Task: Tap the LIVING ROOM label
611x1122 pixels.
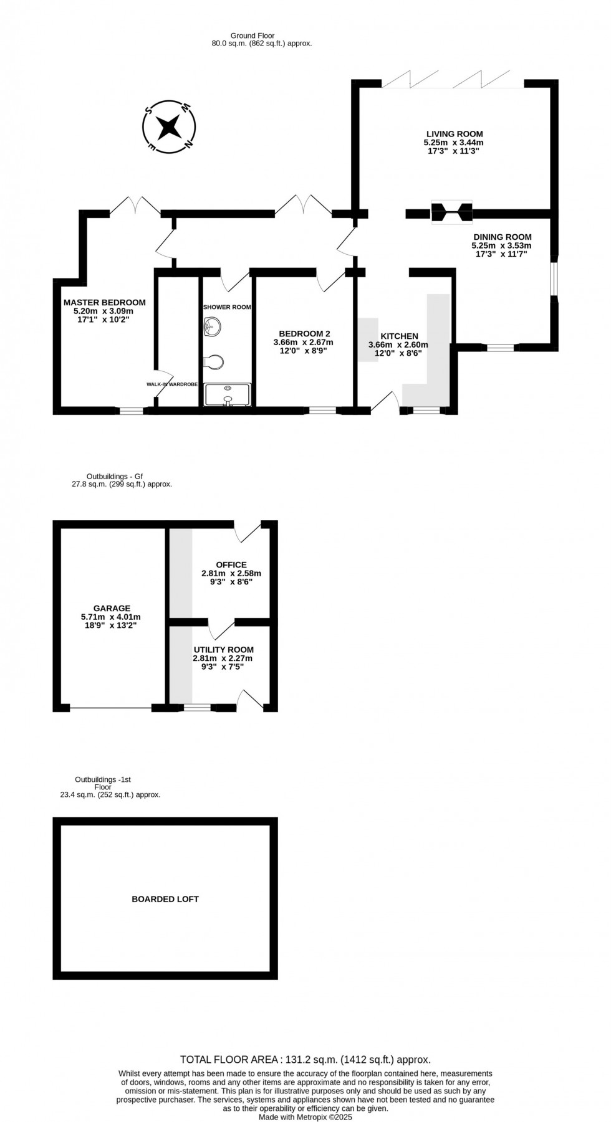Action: coord(455,134)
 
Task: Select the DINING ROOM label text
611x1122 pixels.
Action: coord(502,237)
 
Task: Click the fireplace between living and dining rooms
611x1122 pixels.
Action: coord(452,212)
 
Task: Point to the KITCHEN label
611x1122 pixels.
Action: coord(399,336)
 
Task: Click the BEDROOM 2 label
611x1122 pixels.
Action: coord(304,333)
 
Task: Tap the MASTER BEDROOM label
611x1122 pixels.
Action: coord(104,303)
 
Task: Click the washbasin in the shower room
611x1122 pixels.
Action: coord(212,326)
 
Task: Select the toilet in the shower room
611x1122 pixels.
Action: coord(213,362)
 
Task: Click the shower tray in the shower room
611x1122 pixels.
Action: coord(228,395)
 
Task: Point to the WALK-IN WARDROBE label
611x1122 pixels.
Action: coord(172,385)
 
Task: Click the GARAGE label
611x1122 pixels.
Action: coord(112,609)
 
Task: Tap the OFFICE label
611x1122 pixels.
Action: coord(231,565)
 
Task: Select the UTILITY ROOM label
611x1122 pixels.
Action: coord(223,650)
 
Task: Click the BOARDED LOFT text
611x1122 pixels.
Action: coord(165,899)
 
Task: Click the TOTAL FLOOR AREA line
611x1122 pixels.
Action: coord(305,1059)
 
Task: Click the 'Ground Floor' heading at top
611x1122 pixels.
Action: coord(253,36)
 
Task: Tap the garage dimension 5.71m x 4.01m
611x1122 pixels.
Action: coord(111,617)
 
